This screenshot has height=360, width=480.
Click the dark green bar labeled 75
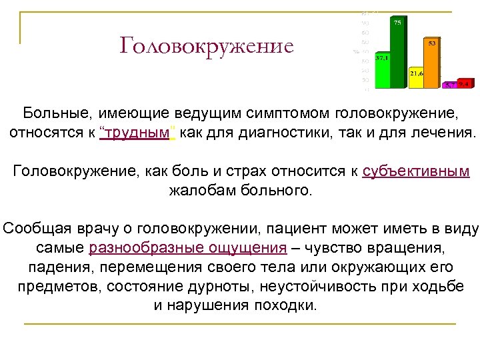click(x=398, y=53)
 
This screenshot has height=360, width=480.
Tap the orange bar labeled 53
click(x=433, y=63)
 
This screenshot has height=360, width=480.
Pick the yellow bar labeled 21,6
click(x=416, y=79)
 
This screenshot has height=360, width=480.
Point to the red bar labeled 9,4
click(x=464, y=84)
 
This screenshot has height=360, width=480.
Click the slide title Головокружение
click(x=207, y=46)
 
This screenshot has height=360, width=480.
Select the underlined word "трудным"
click(x=137, y=132)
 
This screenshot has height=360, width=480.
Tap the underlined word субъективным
click(x=417, y=172)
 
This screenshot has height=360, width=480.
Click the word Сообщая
click(x=32, y=229)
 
